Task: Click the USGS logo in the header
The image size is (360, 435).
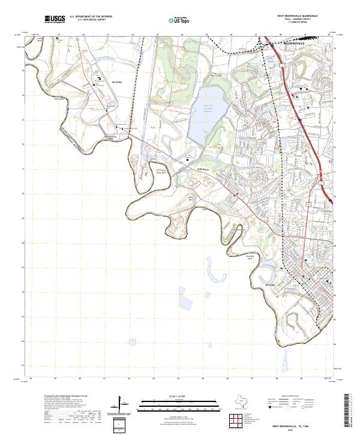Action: tap(55, 19)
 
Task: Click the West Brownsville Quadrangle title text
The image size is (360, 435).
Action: tap(296, 16)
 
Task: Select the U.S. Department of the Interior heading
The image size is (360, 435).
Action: tap(91, 17)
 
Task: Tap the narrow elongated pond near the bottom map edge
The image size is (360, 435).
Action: tap(283, 360)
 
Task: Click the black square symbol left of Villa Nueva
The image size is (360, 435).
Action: tap(187, 160)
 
